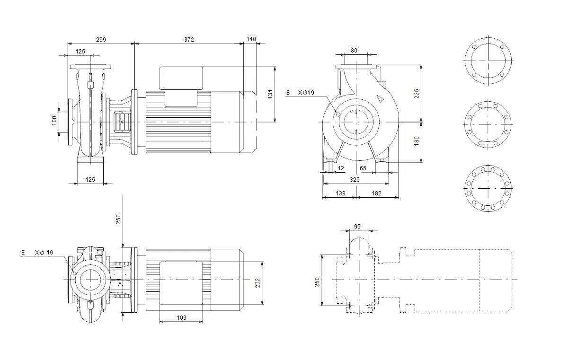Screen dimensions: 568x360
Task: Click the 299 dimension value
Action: click(x=101, y=40)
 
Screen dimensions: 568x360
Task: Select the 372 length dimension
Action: click(x=189, y=40)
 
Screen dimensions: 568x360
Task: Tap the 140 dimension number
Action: click(x=251, y=39)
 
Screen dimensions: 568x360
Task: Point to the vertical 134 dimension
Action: click(x=270, y=94)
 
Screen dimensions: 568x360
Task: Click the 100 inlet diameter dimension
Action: click(x=54, y=121)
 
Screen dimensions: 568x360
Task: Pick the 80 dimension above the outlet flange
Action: click(x=354, y=51)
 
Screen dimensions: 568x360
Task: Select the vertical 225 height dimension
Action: click(x=417, y=94)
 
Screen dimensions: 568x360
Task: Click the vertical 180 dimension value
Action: click(x=417, y=141)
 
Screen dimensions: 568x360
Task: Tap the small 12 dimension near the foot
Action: click(x=341, y=168)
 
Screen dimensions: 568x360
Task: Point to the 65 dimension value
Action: click(x=363, y=168)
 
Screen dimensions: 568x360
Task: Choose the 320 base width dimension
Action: click(x=355, y=180)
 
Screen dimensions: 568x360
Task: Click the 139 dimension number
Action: click(x=340, y=193)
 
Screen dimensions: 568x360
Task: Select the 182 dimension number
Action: click(x=377, y=193)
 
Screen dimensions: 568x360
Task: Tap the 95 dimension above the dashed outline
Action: click(x=357, y=227)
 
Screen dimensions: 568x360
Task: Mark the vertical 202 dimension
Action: click(x=257, y=283)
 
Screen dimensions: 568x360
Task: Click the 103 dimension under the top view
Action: click(x=182, y=318)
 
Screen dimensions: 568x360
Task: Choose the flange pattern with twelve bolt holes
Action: click(x=488, y=188)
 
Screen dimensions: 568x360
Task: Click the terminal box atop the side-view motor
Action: click(x=181, y=78)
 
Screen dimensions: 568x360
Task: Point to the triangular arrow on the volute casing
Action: click(x=380, y=98)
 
